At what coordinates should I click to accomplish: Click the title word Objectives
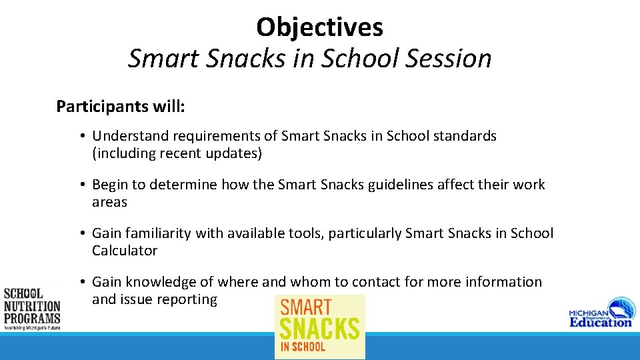(319, 27)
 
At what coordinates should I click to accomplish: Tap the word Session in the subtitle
(448, 59)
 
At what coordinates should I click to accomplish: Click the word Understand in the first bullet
(131, 136)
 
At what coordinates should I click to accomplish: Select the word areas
(109, 202)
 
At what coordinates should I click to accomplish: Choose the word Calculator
(125, 251)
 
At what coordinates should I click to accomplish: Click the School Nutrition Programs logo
(31, 309)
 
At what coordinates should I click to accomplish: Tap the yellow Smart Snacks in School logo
(320, 327)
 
